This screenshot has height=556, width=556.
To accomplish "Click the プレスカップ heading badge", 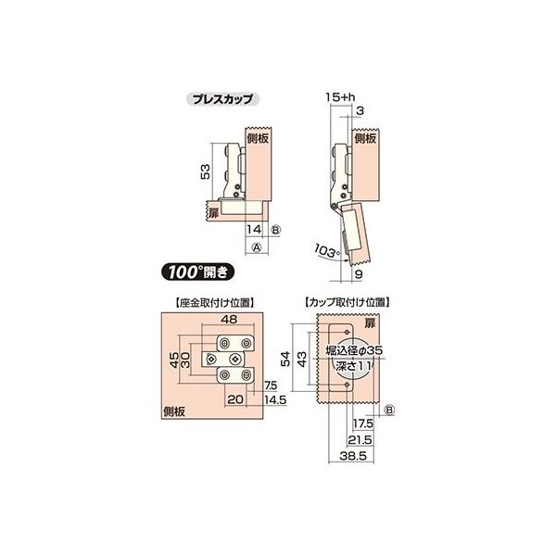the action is [222, 98].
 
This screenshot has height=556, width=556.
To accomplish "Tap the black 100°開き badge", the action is [197, 272].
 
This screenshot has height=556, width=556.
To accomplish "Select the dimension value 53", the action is [205, 171].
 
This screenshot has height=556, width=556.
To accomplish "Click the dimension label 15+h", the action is [340, 97].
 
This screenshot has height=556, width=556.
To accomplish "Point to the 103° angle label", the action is [326, 251].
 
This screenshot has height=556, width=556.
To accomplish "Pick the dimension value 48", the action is [229, 319].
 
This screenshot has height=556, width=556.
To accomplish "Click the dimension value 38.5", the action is [353, 456].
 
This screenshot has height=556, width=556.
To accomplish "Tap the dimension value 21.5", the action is [360, 440].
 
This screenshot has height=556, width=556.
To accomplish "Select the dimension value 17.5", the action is [363, 423].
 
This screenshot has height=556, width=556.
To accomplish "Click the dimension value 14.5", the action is [275, 399].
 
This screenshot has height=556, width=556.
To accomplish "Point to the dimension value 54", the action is [285, 359].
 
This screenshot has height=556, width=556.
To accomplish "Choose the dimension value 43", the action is [301, 359].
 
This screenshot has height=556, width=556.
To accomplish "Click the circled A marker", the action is [257, 246].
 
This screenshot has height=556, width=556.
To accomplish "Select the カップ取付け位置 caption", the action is [347, 303].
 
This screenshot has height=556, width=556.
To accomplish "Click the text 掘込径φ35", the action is [354, 350].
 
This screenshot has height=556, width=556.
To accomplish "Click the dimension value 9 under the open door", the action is [359, 274].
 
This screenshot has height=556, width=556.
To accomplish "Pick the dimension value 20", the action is [235, 399].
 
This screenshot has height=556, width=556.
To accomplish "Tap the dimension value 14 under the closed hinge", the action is [254, 229].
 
